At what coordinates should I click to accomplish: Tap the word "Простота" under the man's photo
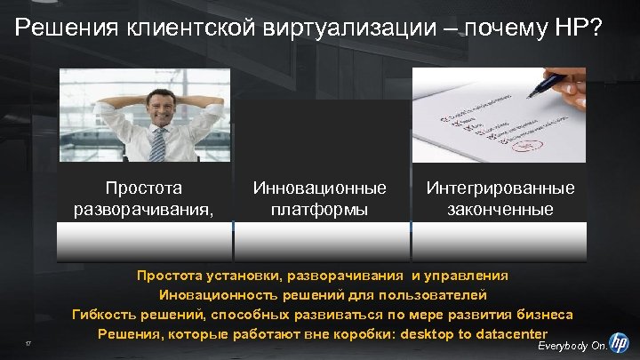click(143, 188)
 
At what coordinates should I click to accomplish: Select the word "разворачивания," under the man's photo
click(143, 210)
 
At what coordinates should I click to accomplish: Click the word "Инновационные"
click(320, 188)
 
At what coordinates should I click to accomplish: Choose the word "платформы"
click(320, 210)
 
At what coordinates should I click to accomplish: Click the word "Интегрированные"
click(500, 188)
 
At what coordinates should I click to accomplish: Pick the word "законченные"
click(500, 210)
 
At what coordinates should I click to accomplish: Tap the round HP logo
click(620, 340)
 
